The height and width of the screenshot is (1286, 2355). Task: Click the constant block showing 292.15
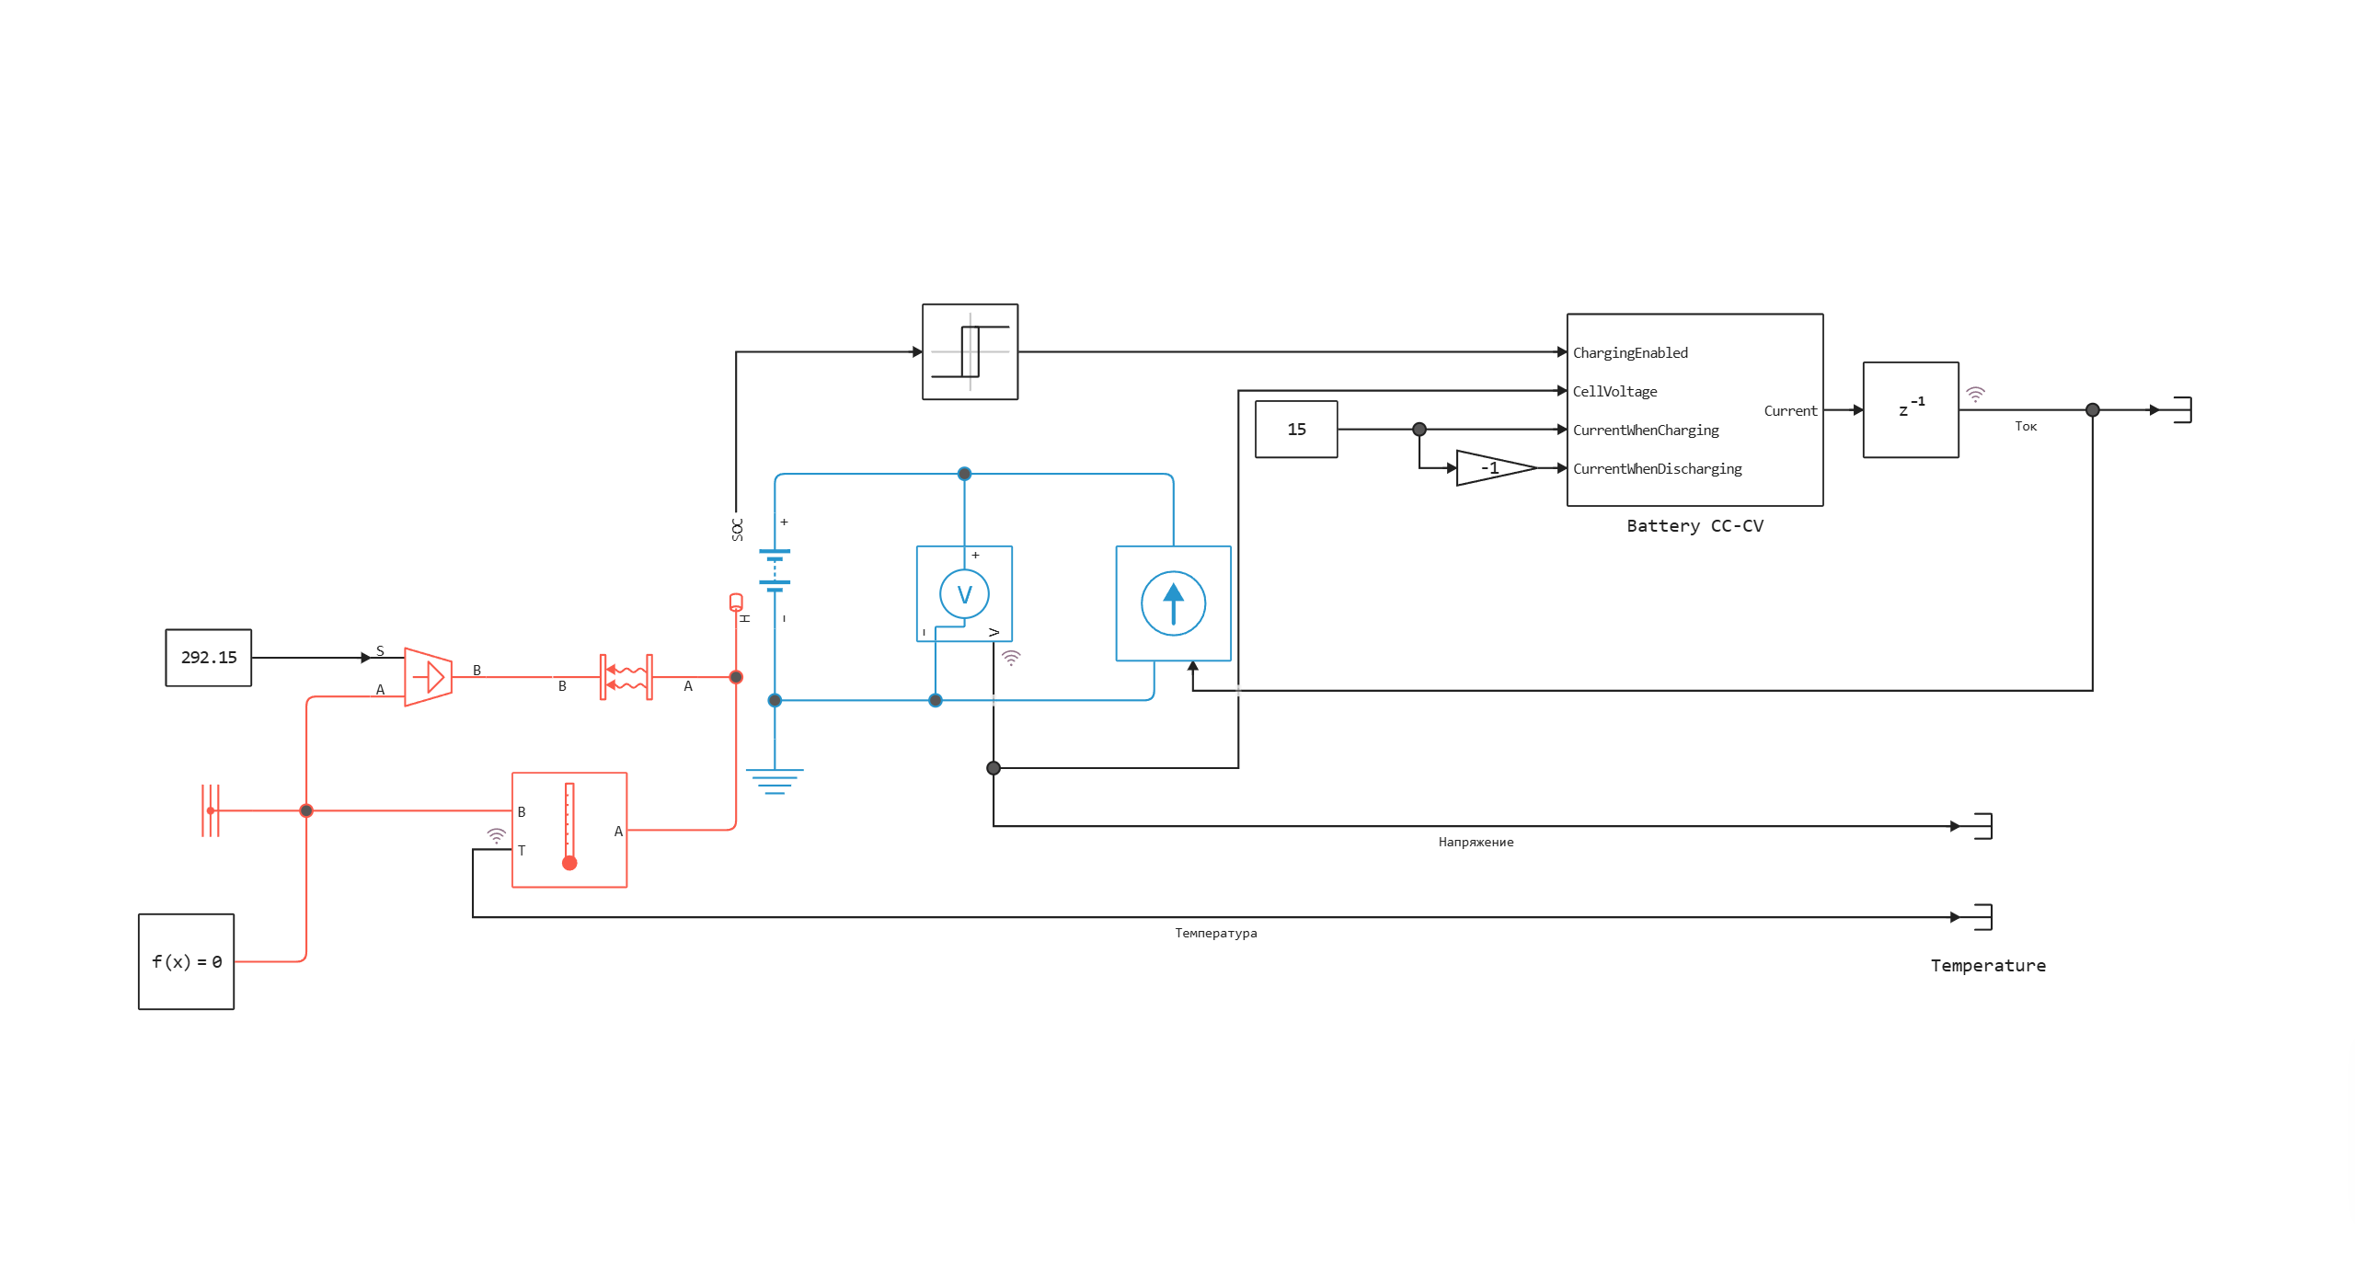[208, 658]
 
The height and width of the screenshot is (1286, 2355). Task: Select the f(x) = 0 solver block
[186, 961]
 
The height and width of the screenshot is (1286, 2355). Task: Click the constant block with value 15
[1295, 430]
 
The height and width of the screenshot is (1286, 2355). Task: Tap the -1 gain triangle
[1490, 468]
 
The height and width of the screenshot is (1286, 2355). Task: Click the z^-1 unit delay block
[1910, 409]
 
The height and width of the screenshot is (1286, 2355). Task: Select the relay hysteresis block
[970, 351]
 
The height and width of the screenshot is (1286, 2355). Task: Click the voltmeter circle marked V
[964, 594]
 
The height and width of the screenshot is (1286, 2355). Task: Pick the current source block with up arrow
[1173, 603]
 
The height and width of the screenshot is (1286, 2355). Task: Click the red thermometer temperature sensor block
[569, 830]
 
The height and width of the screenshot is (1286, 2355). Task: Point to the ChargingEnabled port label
[1630, 353]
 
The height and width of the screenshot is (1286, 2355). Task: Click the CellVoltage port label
[1614, 392]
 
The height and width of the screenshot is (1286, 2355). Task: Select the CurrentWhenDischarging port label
[1657, 469]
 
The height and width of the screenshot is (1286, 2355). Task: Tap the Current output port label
[1789, 411]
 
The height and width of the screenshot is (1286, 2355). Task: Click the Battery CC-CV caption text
[1694, 526]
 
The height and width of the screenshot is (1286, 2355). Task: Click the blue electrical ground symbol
[775, 780]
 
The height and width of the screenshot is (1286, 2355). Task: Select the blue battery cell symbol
[775, 568]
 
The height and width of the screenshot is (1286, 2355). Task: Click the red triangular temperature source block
[428, 677]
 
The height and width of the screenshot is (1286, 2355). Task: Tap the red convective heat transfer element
[626, 677]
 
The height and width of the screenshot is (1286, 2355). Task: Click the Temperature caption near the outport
[1988, 966]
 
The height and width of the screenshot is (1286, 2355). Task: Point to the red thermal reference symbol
[211, 810]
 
